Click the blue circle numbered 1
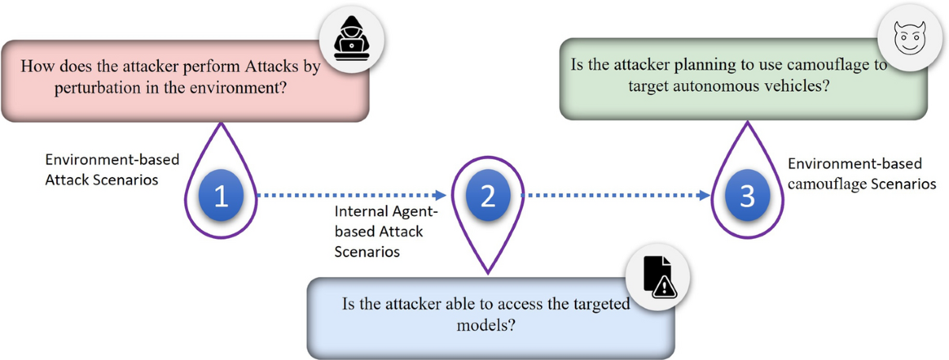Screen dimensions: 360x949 click(x=222, y=195)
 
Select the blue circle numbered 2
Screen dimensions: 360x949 click(x=487, y=195)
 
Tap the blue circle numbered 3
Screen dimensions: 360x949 click(x=747, y=195)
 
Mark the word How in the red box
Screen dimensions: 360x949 click(x=36, y=66)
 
